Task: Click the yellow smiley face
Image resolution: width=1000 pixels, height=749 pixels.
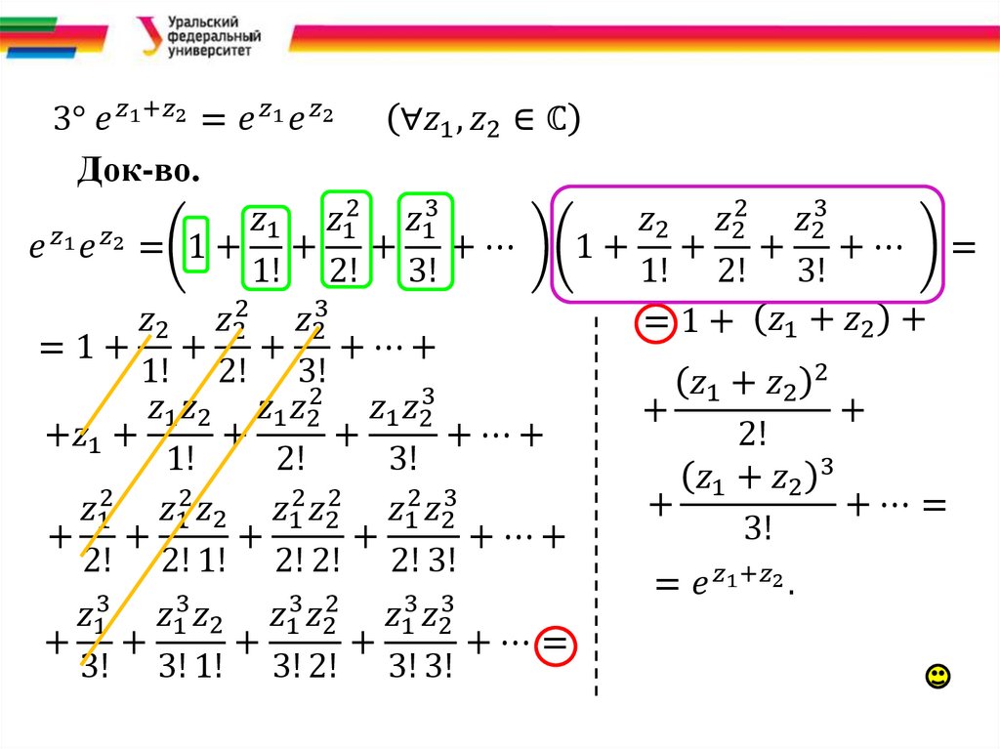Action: pos(937,676)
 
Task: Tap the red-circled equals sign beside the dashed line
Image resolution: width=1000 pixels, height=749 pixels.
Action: pos(653,324)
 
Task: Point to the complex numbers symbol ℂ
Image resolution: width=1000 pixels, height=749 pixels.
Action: pos(559,121)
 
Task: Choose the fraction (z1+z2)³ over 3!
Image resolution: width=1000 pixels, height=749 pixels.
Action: pos(757,504)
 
